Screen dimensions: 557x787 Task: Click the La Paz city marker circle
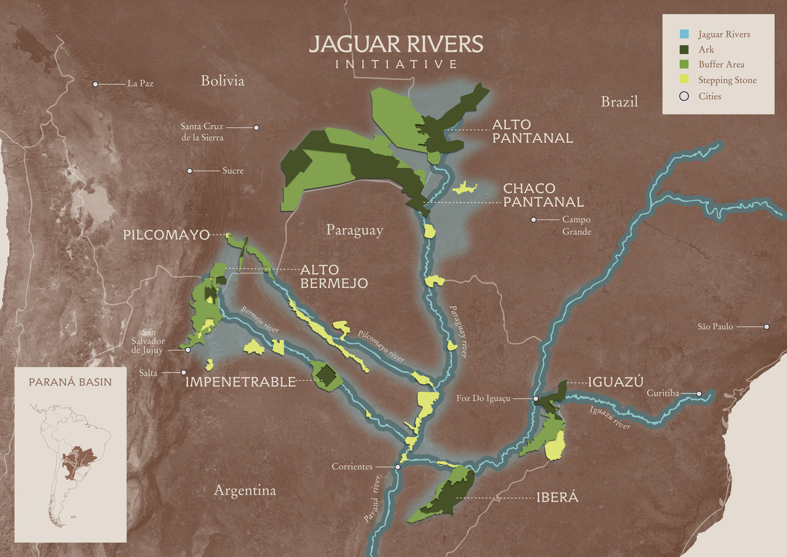coord(95,84)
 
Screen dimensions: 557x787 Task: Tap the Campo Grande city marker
coord(534,220)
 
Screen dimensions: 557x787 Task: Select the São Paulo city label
coord(715,327)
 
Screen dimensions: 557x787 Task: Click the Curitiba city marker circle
coord(699,393)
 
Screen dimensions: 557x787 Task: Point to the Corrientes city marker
coord(398,467)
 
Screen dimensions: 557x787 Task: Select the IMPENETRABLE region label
coord(240,382)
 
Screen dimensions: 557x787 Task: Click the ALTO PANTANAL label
coord(532,132)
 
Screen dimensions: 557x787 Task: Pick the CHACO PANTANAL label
coord(544,194)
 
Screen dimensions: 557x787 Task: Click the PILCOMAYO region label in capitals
coord(165,234)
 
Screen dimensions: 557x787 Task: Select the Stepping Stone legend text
coord(727,80)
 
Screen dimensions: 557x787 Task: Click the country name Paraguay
coord(354,230)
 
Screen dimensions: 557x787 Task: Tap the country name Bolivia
coord(222,81)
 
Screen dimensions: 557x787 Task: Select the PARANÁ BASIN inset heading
coord(70,382)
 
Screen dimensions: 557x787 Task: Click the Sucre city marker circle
coord(190,170)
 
